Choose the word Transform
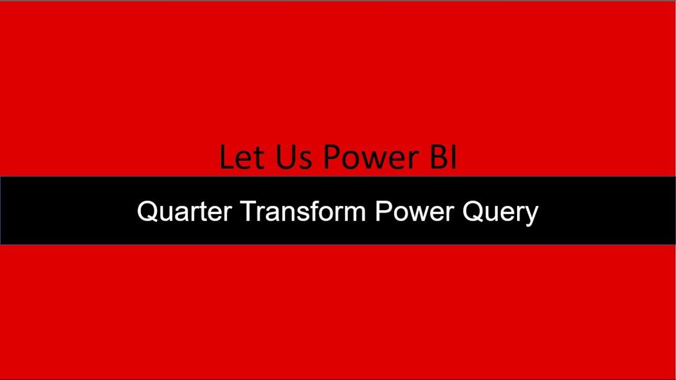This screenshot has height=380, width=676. click(304, 212)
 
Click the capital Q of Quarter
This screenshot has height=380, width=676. click(146, 212)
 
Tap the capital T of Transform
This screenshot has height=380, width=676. click(248, 212)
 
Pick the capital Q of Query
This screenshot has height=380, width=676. click(472, 212)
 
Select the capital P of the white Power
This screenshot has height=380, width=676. click(382, 212)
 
